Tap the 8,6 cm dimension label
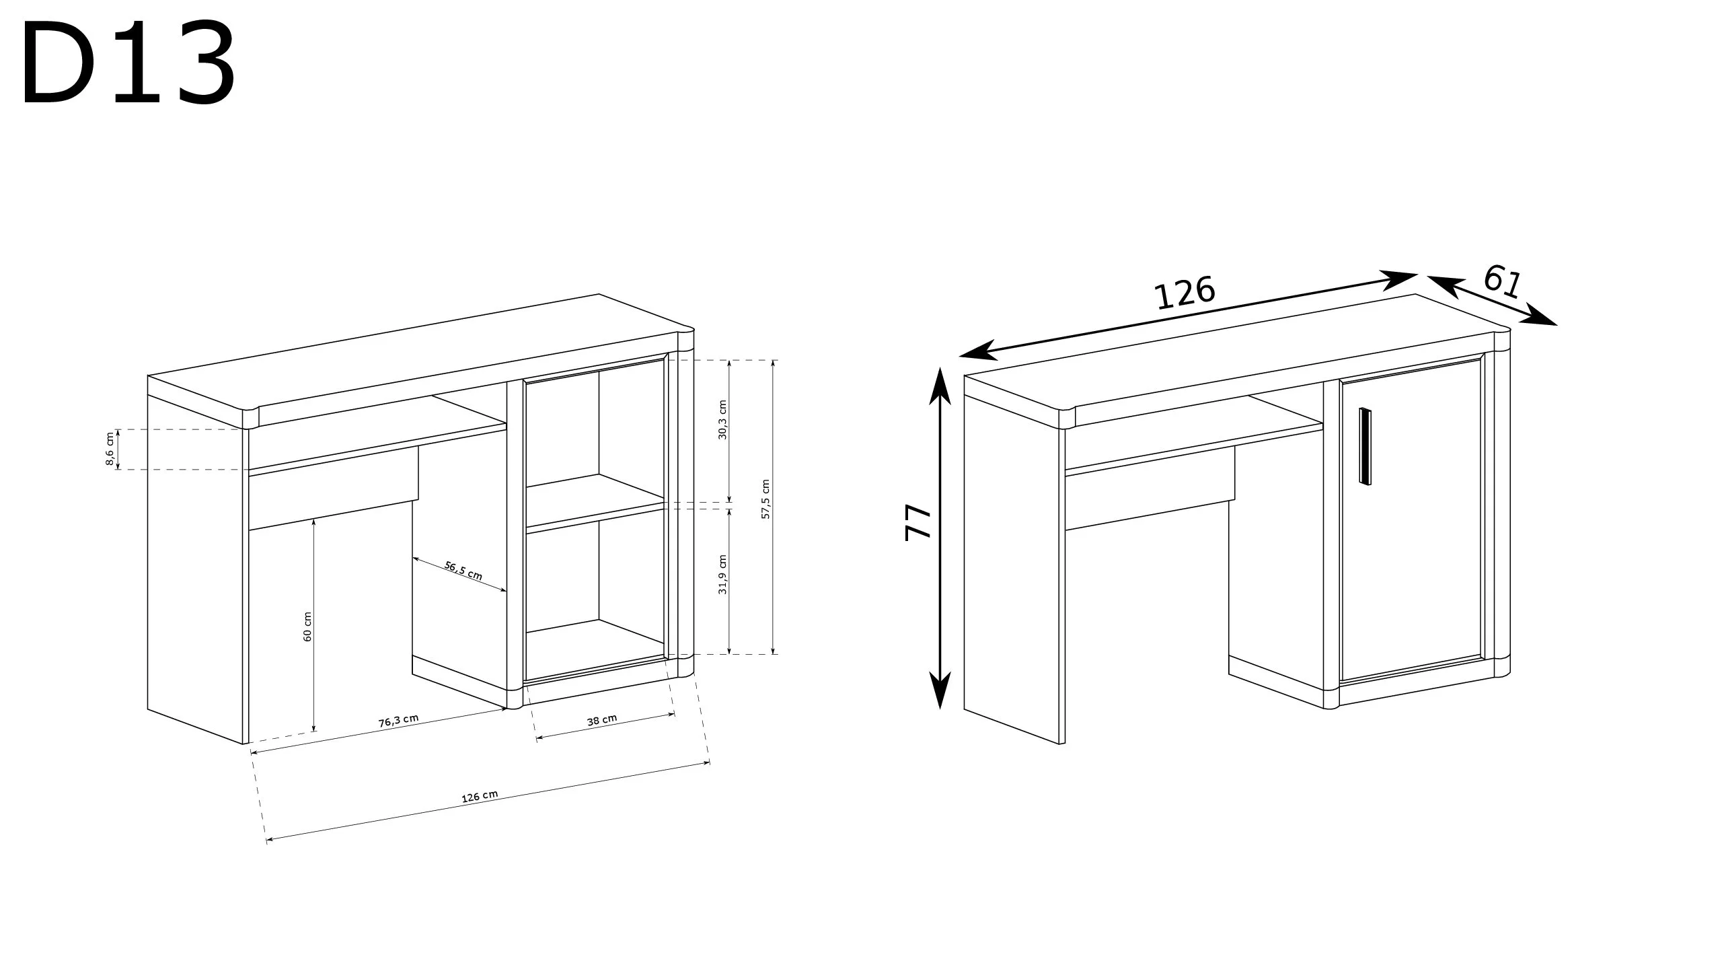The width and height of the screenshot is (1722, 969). pos(110,450)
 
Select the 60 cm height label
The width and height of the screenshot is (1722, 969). pos(308,626)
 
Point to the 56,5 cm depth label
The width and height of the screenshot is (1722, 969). pos(463,571)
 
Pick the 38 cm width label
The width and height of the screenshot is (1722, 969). pos(602,720)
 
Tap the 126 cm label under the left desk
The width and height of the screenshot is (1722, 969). pos(480,797)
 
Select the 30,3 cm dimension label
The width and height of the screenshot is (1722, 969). pos(723,419)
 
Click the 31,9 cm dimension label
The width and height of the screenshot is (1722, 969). pos(723,575)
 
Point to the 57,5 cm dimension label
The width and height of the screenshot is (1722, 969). pos(765,499)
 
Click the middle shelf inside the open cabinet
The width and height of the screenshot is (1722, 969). pos(595,503)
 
